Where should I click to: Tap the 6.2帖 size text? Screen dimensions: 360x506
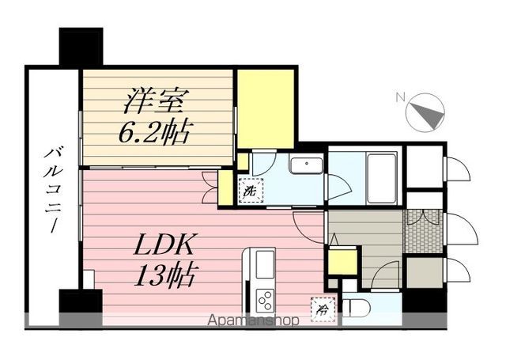coord(155,131)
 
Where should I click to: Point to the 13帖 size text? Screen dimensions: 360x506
coord(166,276)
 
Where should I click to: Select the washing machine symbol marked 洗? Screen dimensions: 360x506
coord(250,191)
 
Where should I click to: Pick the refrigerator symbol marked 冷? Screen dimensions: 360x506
coord(323,305)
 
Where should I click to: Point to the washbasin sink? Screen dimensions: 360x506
coord(305,166)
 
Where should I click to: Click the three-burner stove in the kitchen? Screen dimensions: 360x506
coord(265,301)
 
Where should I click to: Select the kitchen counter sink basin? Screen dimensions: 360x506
coord(264,263)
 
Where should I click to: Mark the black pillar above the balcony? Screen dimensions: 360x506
coord(81,47)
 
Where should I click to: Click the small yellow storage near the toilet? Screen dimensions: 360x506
coord(342,260)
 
